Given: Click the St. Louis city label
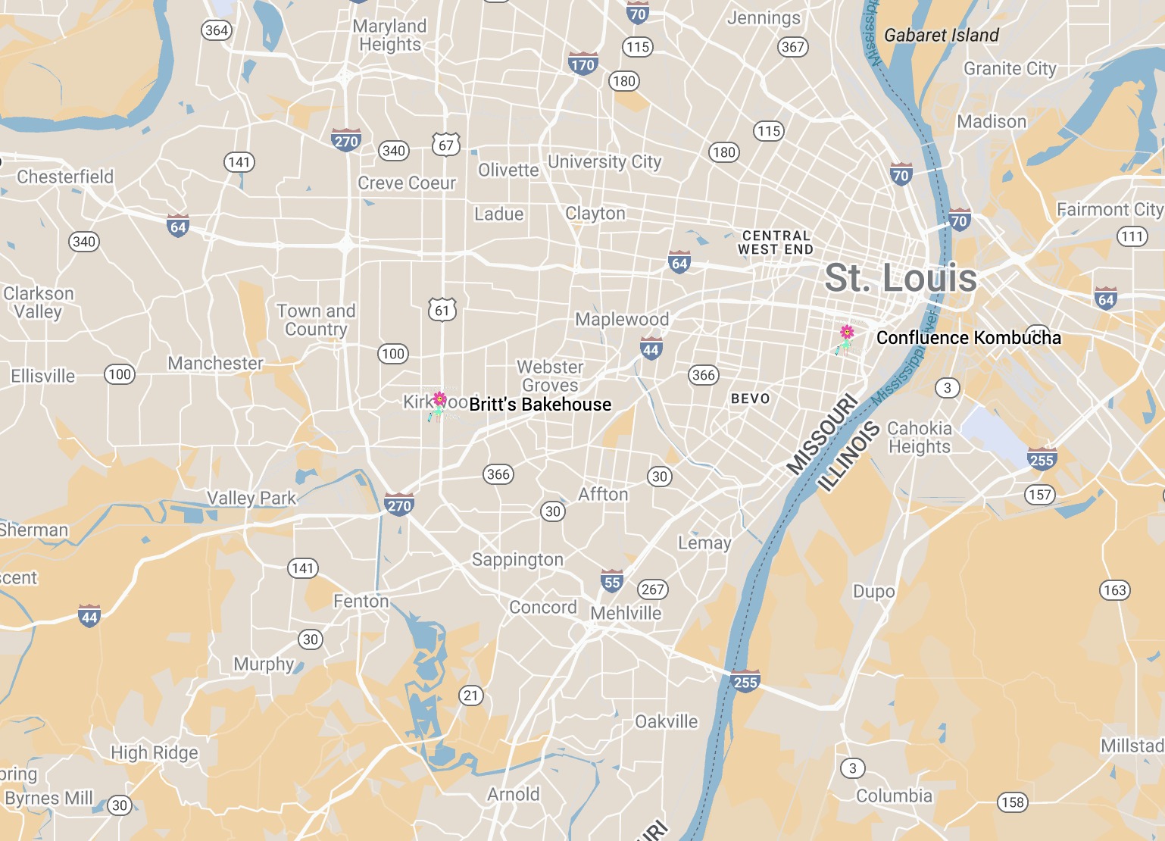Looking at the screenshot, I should (901, 278).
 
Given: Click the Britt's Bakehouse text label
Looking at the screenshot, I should (540, 405).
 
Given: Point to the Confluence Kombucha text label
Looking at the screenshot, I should (968, 338).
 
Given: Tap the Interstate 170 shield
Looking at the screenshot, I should (582, 64).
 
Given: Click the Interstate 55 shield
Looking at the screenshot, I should (612, 581).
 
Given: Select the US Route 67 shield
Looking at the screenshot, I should (446, 145).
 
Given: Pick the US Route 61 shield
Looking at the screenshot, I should (442, 310).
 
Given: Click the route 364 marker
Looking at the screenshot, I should (217, 30).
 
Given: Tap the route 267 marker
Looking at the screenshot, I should (652, 589).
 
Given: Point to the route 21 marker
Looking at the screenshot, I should (471, 695).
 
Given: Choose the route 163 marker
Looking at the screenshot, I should (1114, 589).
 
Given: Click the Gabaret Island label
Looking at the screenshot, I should (942, 35).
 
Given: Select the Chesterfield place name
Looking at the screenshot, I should (65, 177).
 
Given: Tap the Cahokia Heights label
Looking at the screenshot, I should (919, 437).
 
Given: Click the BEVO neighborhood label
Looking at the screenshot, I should (750, 399).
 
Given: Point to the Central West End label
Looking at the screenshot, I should (776, 242).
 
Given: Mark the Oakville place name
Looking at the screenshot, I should (666, 721).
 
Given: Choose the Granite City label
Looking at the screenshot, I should (1010, 69).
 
